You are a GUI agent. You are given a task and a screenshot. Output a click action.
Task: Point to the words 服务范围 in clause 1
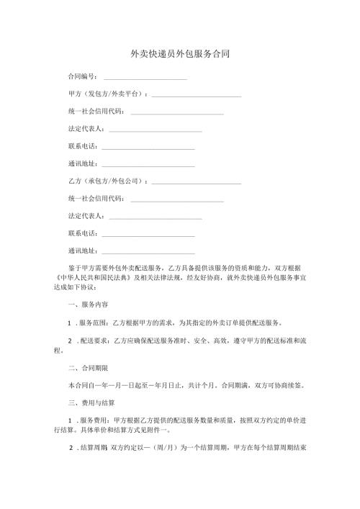[x=93, y=324]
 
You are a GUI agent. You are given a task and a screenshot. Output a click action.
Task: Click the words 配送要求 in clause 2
[x=93, y=342]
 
